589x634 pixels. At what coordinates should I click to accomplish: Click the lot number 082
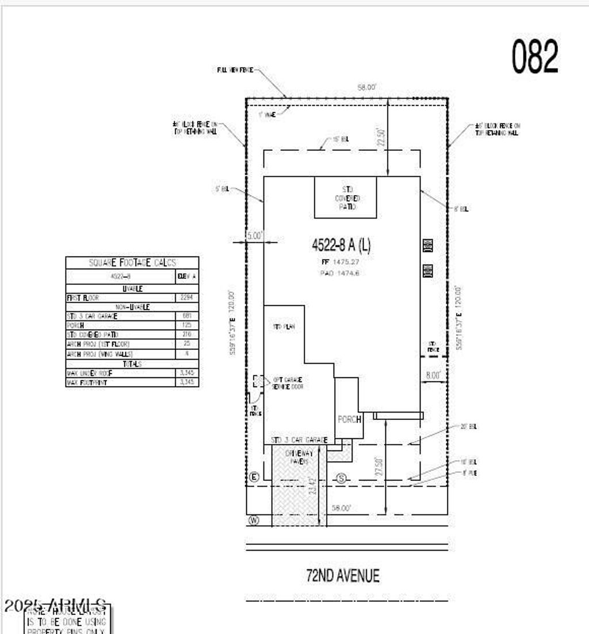[535, 56]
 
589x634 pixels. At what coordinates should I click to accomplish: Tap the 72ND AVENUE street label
[342, 575]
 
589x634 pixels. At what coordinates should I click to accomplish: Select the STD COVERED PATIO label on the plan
[345, 197]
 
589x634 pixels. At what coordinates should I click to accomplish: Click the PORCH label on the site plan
[349, 419]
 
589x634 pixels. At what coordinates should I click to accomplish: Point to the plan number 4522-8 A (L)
[341, 245]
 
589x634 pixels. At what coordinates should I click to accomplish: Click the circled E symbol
[254, 477]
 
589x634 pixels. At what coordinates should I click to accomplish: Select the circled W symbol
[253, 520]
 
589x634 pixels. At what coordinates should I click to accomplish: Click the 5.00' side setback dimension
[254, 235]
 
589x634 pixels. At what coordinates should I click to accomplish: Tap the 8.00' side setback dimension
[433, 375]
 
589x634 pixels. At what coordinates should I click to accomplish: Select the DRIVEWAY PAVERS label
[297, 457]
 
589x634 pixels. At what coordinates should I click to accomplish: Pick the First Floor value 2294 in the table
[186, 298]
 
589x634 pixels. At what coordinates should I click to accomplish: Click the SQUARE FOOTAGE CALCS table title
[132, 262]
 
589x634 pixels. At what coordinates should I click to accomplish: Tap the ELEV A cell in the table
[186, 276]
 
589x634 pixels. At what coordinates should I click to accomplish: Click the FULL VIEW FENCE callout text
[235, 70]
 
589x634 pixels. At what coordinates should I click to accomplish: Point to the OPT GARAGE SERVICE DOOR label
[288, 383]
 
